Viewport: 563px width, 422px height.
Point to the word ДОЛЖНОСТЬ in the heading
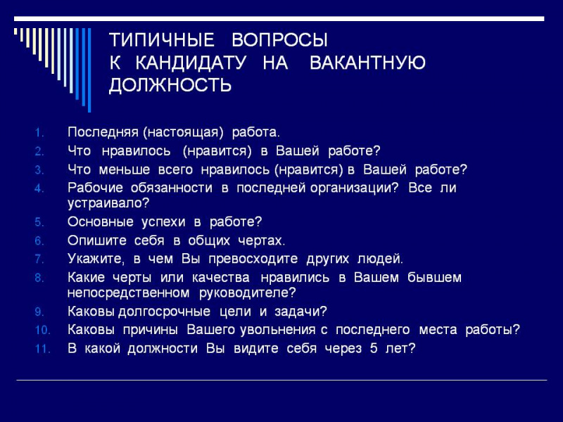click(x=170, y=87)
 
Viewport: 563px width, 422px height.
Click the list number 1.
click(x=39, y=132)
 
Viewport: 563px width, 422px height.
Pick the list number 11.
click(x=42, y=348)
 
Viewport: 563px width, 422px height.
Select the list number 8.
click(x=39, y=278)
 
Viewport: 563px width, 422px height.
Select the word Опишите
click(x=93, y=240)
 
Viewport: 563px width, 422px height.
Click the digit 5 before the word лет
click(x=373, y=347)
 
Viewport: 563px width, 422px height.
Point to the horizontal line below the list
click(x=281, y=380)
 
